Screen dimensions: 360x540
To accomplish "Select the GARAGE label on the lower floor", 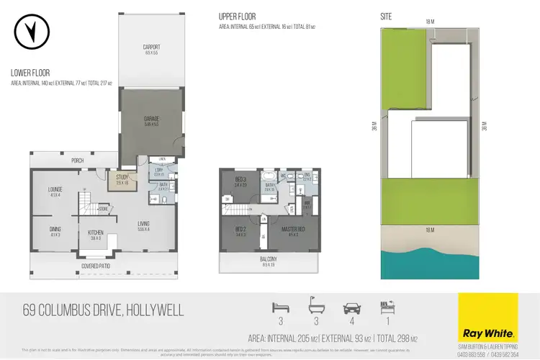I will (x=150, y=119).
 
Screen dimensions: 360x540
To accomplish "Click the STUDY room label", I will (x=122, y=177).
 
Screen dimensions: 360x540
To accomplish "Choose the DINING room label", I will (x=55, y=230).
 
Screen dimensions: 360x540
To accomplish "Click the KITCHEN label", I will (x=96, y=233).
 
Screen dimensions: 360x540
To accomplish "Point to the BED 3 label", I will (x=240, y=180).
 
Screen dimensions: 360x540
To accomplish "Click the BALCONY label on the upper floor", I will (x=268, y=258).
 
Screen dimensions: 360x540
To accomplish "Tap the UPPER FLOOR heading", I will (x=238, y=15).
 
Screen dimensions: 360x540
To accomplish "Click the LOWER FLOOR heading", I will (x=30, y=73).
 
